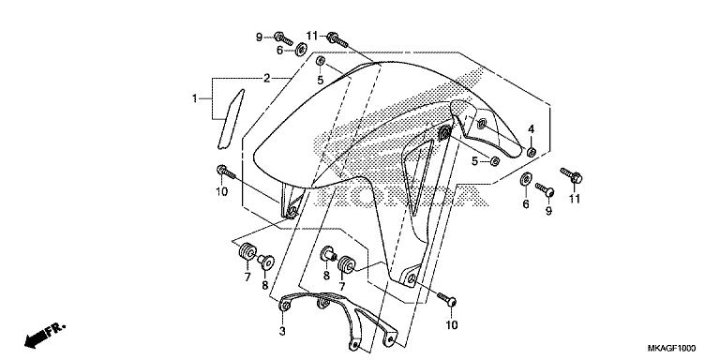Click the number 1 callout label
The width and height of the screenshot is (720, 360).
195,98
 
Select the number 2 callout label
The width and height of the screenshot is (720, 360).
266,78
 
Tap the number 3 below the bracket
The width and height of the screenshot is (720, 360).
282,331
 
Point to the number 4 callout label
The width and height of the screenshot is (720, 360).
531,129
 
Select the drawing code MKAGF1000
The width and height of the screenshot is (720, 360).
671,348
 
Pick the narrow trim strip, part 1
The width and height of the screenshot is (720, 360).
230,119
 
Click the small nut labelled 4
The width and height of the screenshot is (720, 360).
532,152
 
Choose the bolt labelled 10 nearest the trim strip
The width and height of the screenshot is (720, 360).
225,172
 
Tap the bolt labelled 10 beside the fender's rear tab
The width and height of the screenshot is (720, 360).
447,300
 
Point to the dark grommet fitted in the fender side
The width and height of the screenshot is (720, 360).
444,134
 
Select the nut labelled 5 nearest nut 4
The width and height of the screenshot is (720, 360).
495,160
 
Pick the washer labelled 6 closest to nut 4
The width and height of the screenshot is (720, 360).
526,179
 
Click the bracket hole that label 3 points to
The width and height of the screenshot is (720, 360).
286,305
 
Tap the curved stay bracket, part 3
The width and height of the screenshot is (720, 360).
338,319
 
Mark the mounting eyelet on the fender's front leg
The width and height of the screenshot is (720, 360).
291,211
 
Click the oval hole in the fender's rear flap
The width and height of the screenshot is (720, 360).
481,124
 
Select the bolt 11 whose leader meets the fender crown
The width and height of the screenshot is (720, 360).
337,40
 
